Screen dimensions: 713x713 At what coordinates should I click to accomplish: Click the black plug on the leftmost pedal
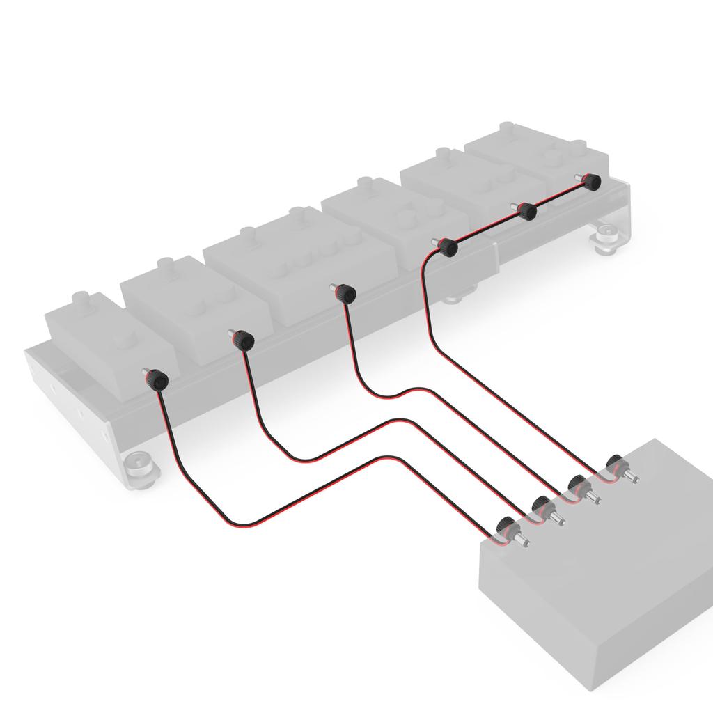(x=159, y=380)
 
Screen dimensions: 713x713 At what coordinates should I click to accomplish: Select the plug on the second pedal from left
(x=244, y=340)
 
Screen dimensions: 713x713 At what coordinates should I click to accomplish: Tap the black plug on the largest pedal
(x=346, y=294)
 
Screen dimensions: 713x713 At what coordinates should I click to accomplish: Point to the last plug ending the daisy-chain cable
(x=591, y=182)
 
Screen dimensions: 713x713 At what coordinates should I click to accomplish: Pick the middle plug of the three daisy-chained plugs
(x=528, y=211)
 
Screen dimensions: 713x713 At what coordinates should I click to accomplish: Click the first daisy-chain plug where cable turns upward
(x=448, y=246)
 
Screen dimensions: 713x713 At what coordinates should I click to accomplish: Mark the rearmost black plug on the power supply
(x=615, y=464)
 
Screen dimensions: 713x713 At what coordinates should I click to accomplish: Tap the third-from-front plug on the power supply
(x=578, y=485)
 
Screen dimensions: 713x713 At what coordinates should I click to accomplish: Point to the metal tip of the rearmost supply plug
(x=634, y=479)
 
